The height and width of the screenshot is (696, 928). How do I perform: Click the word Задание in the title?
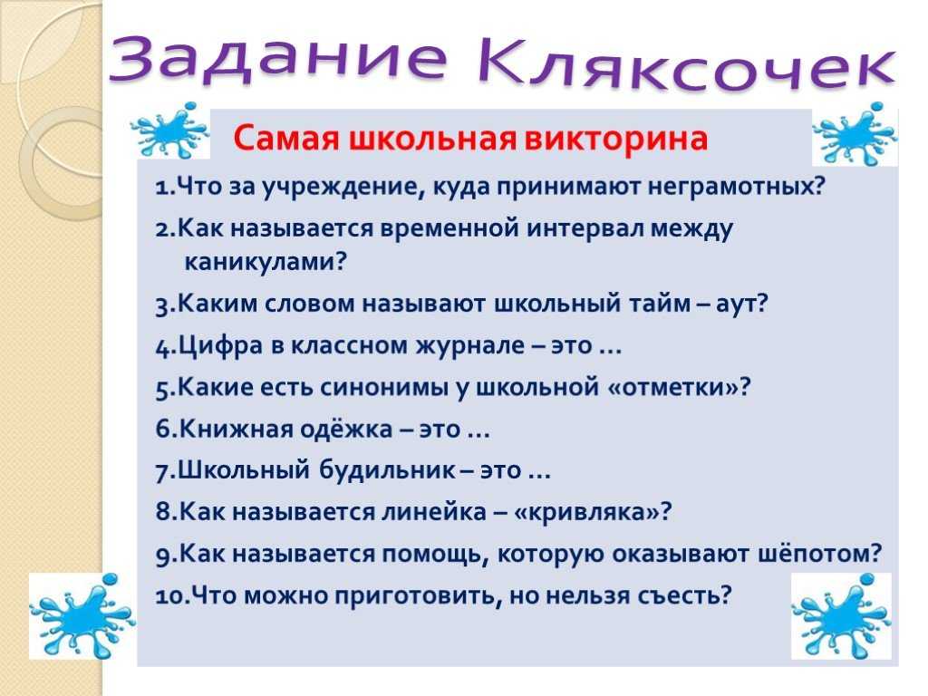(x=278, y=58)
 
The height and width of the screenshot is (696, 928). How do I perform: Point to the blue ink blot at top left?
(x=169, y=130)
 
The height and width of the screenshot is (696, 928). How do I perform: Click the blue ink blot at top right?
(x=855, y=135)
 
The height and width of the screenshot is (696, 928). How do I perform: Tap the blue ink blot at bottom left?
(x=82, y=615)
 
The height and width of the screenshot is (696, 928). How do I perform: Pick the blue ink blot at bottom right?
(x=841, y=615)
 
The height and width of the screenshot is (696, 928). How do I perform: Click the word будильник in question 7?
(x=387, y=470)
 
